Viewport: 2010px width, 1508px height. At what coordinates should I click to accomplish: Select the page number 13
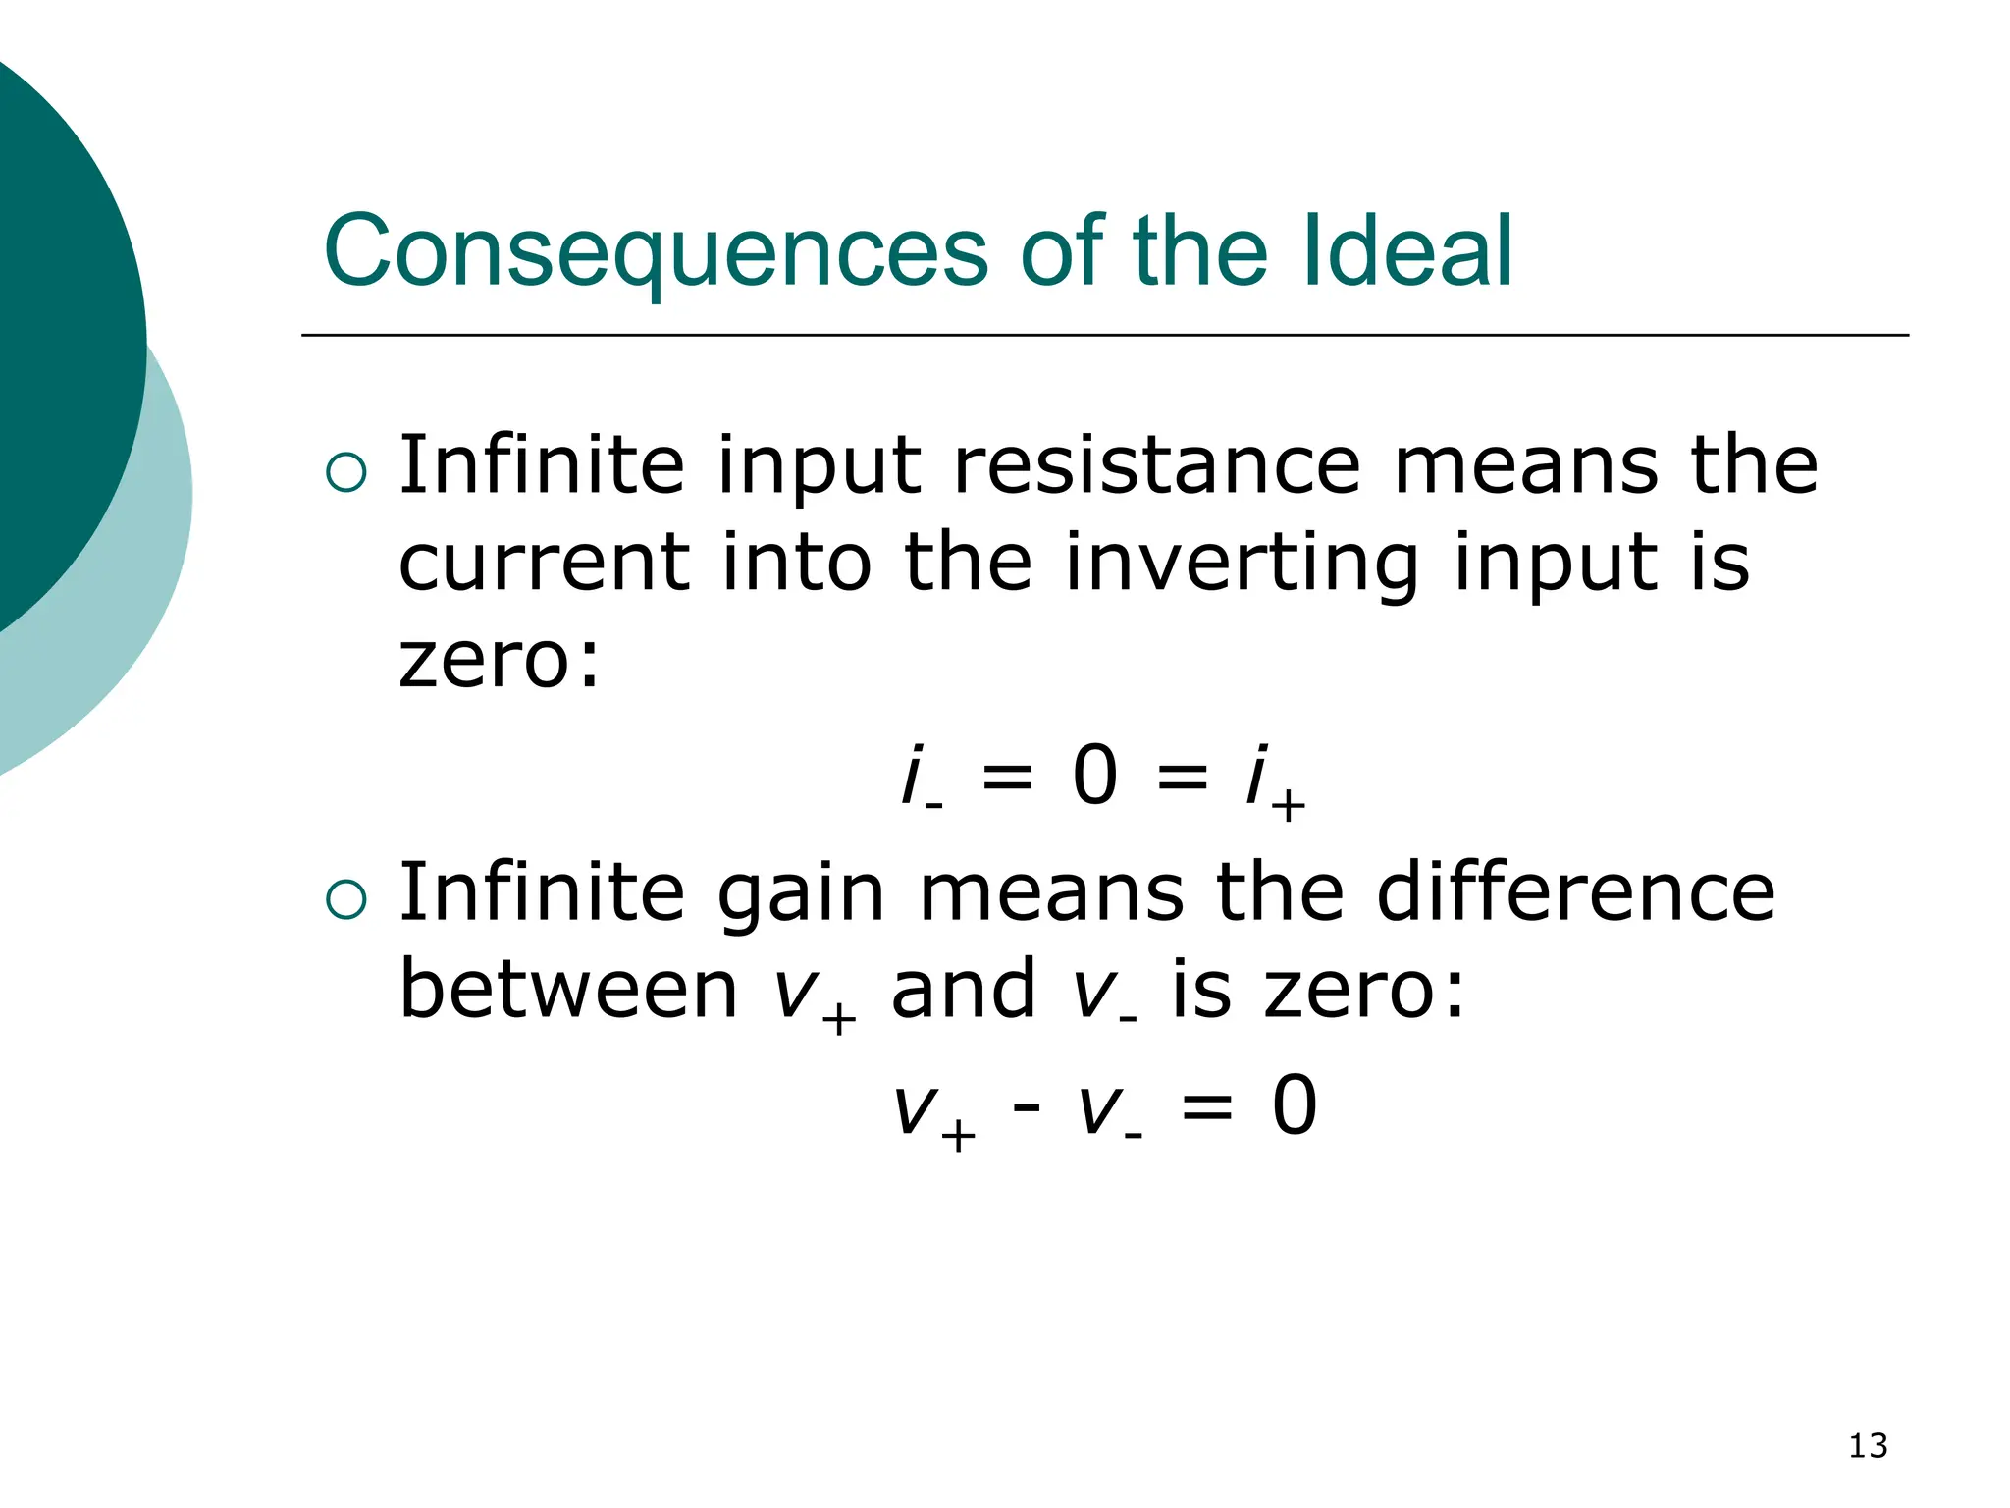pyautogui.click(x=1868, y=1446)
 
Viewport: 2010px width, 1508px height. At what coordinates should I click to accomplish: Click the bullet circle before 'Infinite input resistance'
pyautogui.click(x=345, y=473)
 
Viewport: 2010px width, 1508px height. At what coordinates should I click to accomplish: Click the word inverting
pyautogui.click(x=1242, y=564)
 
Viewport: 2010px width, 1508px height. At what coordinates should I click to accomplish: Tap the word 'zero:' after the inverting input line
pyautogui.click(x=499, y=660)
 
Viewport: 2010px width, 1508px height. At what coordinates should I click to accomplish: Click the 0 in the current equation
pyautogui.click(x=1095, y=776)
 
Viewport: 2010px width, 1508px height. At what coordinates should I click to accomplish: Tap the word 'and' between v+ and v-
pyautogui.click(x=963, y=990)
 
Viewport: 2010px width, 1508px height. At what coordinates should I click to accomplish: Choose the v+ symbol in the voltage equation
pyautogui.click(x=933, y=1113)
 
